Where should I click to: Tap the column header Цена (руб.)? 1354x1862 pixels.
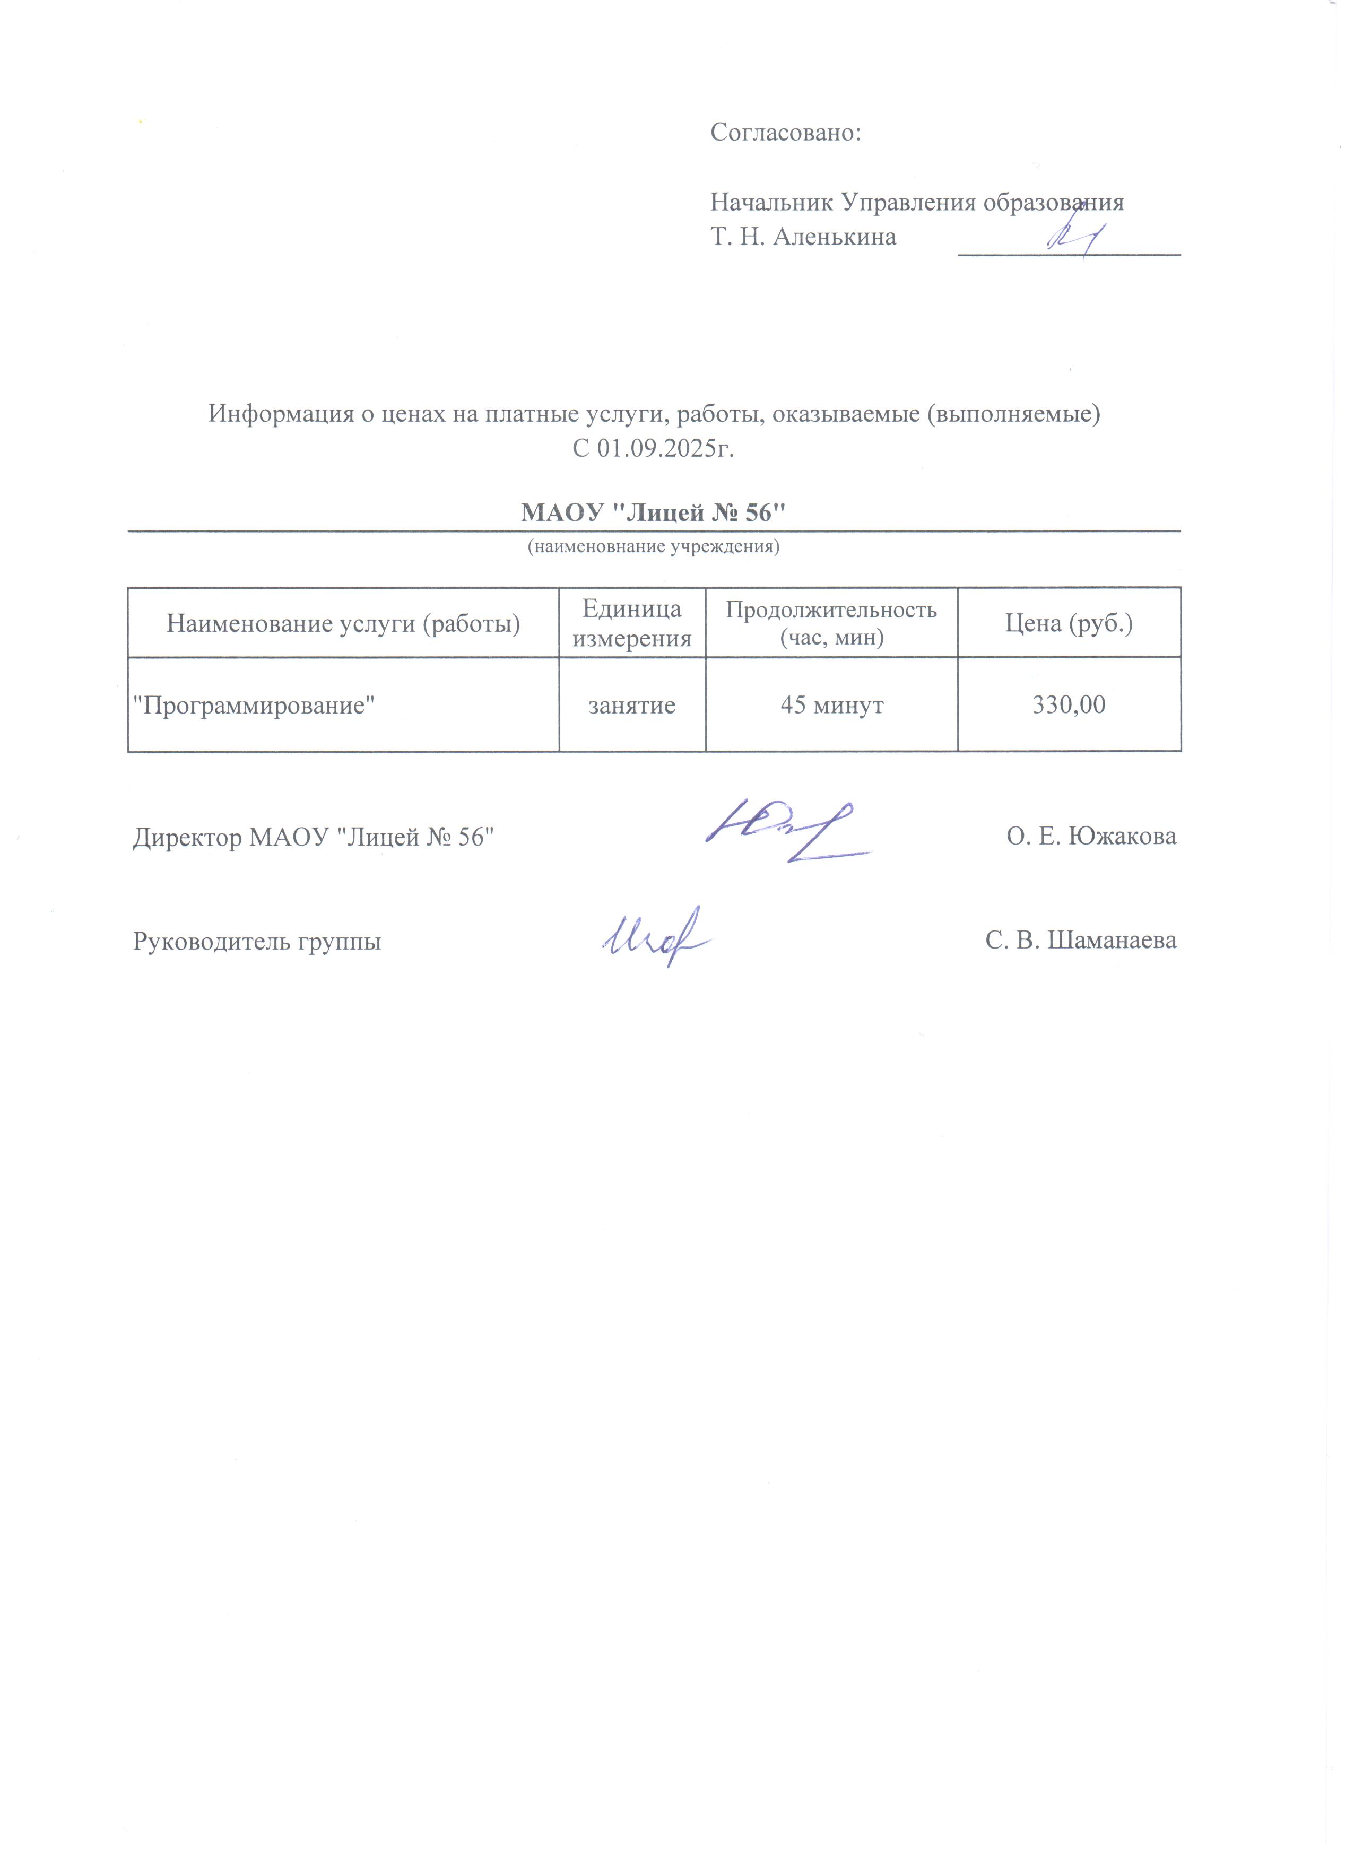coord(1069,624)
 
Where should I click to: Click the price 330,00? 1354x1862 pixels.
coord(1069,705)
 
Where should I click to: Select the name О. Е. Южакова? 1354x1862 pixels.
coord(1091,837)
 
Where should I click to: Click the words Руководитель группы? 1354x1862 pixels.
coord(257,941)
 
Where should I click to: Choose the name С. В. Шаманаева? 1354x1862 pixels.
coord(1081,941)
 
